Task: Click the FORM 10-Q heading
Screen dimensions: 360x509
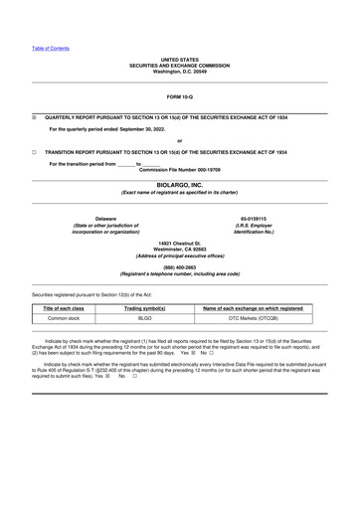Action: click(180, 94)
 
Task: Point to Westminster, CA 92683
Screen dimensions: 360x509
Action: click(180, 250)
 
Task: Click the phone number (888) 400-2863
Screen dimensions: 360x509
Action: click(180, 265)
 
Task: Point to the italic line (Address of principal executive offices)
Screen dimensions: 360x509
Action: click(180, 256)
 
